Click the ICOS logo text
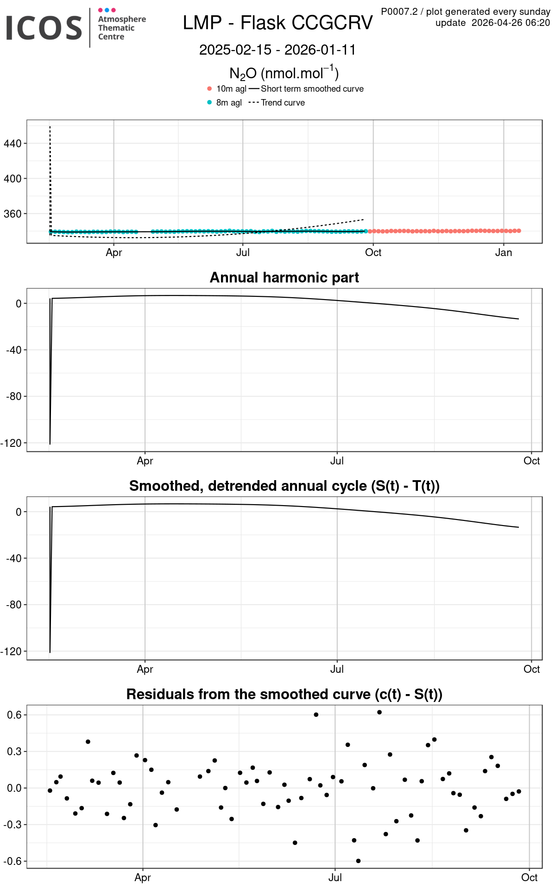pyautogui.click(x=44, y=28)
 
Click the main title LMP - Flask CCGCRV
pyautogui.click(x=278, y=23)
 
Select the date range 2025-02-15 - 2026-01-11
pyautogui.click(x=278, y=50)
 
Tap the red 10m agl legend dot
pyautogui.click(x=209, y=88)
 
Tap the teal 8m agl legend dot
pyautogui.click(x=209, y=102)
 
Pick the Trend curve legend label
pyautogui.click(x=283, y=102)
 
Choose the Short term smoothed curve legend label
pyautogui.click(x=312, y=88)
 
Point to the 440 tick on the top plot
pyautogui.click(x=13, y=144)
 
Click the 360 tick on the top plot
pyautogui.click(x=13, y=213)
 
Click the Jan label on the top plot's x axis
pyautogui.click(x=504, y=252)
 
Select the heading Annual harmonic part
pyautogui.click(x=284, y=277)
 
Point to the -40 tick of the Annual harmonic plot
pyautogui.click(x=14, y=350)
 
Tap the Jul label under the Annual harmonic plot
pyautogui.click(x=337, y=461)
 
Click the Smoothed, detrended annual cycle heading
pyautogui.click(x=284, y=486)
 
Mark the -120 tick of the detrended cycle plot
pyautogui.click(x=11, y=651)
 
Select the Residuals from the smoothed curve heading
pyautogui.click(x=284, y=694)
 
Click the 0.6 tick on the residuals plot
pyautogui.click(x=14, y=714)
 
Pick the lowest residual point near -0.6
pyautogui.click(x=358, y=861)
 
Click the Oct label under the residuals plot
pyautogui.click(x=529, y=877)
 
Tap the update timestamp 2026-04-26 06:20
pyautogui.click(x=511, y=23)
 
